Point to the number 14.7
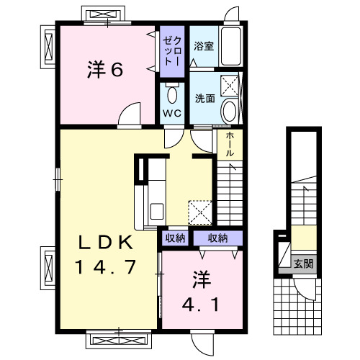coord(105,267)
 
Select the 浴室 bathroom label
coord(204,47)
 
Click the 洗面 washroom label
coord(204,98)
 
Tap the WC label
coord(171,114)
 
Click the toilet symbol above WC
coord(171,94)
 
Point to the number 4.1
coord(201,302)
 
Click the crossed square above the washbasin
coord(230,86)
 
